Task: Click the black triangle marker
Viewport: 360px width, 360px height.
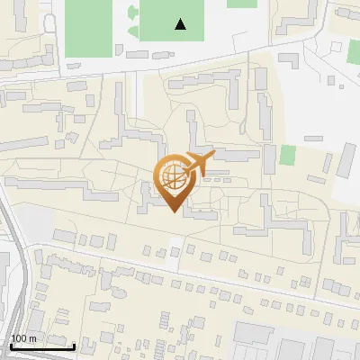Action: click(x=181, y=24)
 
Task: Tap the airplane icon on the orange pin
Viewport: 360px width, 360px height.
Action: click(x=197, y=163)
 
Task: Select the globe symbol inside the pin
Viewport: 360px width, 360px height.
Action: click(x=172, y=176)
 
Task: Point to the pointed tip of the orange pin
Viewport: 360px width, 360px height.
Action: click(x=172, y=211)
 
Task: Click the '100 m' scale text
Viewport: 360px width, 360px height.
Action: click(x=23, y=338)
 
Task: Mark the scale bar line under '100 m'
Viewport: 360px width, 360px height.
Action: click(x=42, y=346)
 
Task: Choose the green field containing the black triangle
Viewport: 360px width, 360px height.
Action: click(x=171, y=20)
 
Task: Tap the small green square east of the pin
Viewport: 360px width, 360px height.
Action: click(x=287, y=155)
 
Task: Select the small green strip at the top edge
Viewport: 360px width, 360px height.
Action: click(x=241, y=3)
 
